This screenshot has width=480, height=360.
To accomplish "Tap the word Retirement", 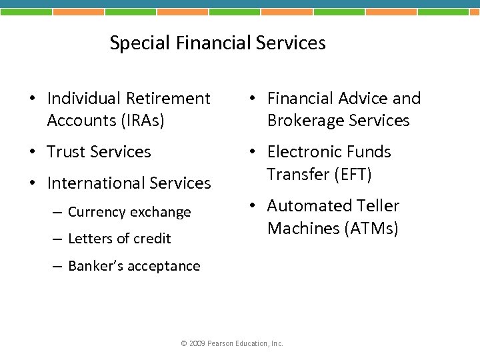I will (168, 99).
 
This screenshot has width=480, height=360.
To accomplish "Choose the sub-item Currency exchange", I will (129, 212).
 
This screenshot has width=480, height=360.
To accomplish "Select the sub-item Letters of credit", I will (119, 239).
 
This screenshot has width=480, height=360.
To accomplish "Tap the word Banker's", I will (99, 266).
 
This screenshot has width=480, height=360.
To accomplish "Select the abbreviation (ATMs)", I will (371, 229).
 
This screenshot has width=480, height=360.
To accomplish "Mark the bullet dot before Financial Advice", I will (253, 99).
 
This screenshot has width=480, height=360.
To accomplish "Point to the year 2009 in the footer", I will (197, 343).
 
